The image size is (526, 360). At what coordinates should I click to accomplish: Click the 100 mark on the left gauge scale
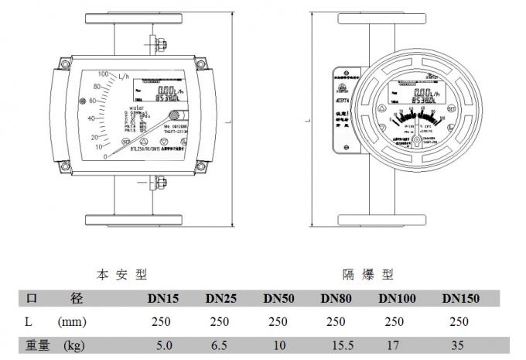coord(101,74)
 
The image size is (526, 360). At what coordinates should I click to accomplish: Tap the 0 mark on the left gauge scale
coord(106,157)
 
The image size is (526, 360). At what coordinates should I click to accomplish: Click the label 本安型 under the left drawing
coord(121,274)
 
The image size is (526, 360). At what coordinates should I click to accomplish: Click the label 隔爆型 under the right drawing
coord(367,274)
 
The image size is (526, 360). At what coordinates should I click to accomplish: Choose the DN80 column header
coord(336,298)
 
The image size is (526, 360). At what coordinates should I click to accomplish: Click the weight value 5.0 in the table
coord(164,345)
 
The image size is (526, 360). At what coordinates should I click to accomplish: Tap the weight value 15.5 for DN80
coord(336,345)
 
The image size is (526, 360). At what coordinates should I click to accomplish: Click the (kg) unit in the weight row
coord(73,345)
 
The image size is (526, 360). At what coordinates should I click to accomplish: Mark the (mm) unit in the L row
coord(72,321)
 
